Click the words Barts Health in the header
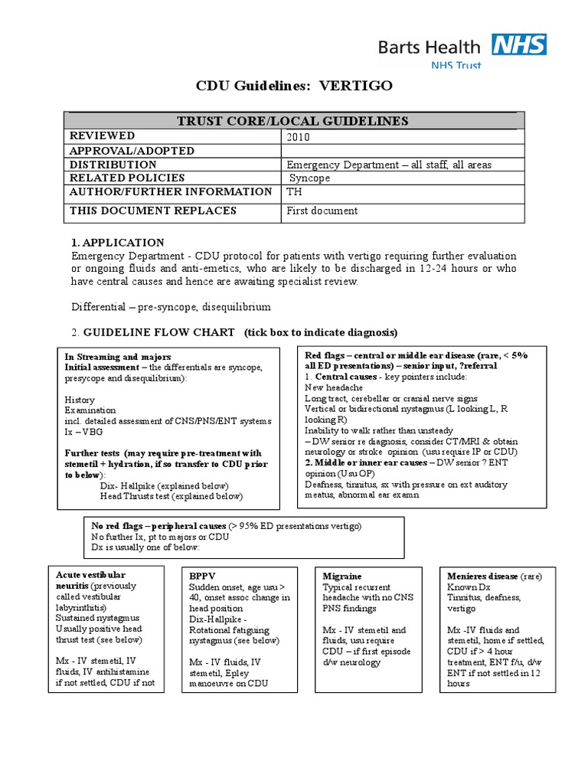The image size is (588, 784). click(x=430, y=47)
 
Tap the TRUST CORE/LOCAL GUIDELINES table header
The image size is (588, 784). click(x=293, y=121)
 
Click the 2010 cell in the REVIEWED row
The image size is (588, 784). click(x=299, y=137)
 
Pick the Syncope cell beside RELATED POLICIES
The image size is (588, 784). click(x=309, y=178)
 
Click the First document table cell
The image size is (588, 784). click(x=322, y=211)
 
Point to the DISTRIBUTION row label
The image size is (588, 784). click(x=113, y=165)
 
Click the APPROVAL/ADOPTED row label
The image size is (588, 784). click(x=132, y=151)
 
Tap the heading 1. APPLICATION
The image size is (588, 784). click(x=117, y=243)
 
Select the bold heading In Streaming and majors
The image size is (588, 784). click(x=117, y=358)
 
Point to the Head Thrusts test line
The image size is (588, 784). click(x=171, y=496)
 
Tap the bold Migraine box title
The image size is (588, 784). click(x=342, y=576)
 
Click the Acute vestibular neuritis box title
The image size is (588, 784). click(x=90, y=580)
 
